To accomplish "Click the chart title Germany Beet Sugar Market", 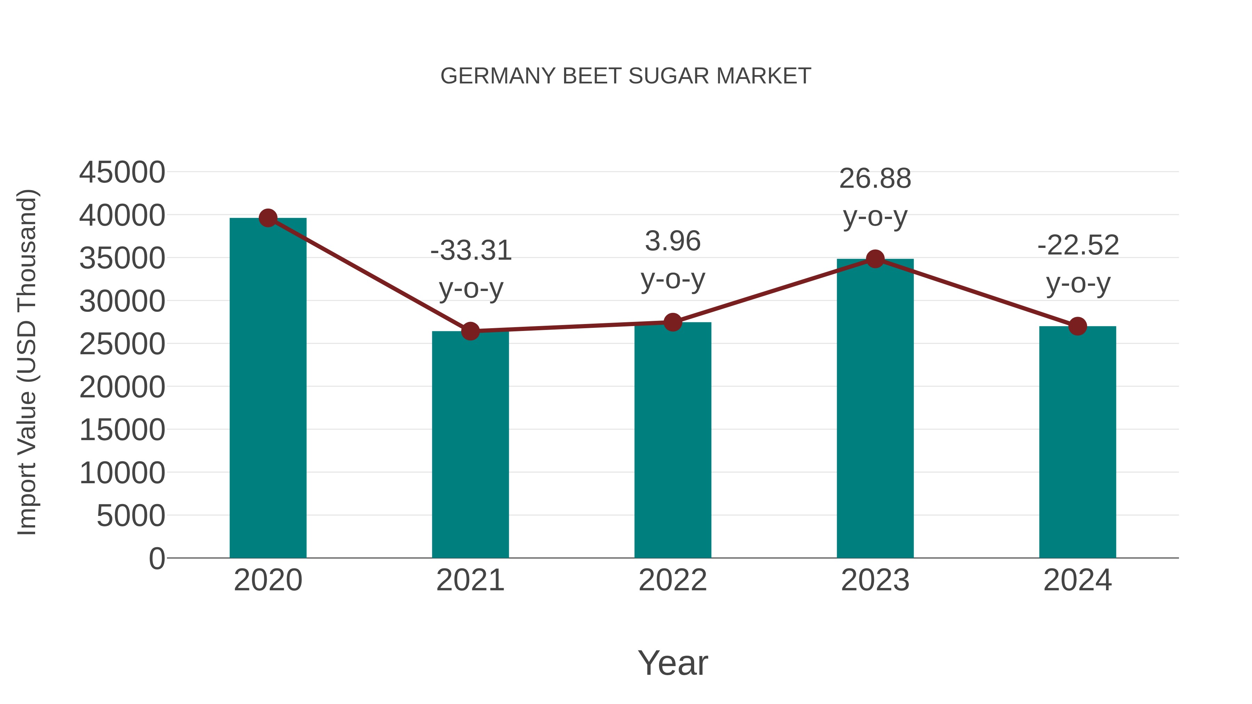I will tap(626, 76).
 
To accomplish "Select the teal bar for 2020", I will tap(268, 389).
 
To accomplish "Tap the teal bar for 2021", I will tap(470, 445).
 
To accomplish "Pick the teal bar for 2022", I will tap(673, 440).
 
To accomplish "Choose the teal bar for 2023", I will tap(875, 408).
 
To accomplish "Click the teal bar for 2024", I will tap(1077, 442).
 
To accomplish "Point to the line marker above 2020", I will tap(268, 218).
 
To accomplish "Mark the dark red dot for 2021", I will tap(470, 331).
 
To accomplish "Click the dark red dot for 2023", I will tap(875, 259).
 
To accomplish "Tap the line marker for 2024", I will tap(1077, 326).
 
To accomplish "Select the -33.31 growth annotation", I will tap(471, 251).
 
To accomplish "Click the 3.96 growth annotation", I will tap(673, 242).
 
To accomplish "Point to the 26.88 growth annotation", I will tap(875, 179).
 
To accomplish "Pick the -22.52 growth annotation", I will tap(1078, 245).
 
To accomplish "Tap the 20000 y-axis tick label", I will tap(122, 387).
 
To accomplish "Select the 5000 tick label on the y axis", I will tap(131, 516).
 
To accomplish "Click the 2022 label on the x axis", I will tap(673, 581).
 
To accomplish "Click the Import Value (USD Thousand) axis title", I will tap(27, 362).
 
